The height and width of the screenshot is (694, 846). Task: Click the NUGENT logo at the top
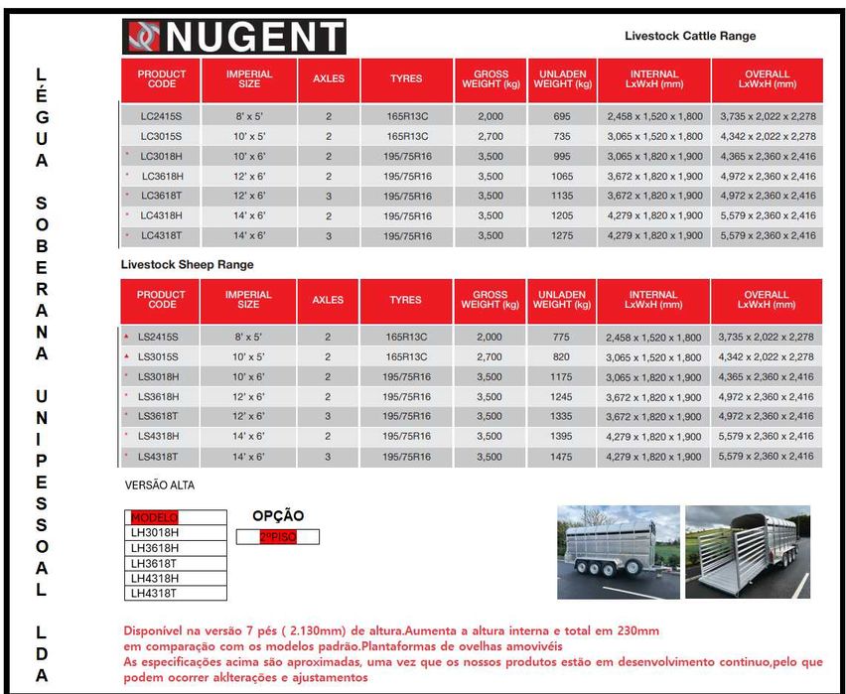coord(233,37)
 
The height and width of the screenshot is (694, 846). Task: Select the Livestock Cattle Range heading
coord(690,36)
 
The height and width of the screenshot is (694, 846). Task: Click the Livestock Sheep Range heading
coord(187,265)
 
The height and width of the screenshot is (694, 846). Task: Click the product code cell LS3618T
coord(159,416)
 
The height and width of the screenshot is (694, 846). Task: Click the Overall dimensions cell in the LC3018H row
coord(768,156)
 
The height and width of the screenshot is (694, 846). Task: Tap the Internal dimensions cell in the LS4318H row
coord(653,436)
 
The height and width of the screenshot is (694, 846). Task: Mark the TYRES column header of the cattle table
coord(405,78)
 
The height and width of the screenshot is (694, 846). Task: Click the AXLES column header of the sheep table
coord(328,300)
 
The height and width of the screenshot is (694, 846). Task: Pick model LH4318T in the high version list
coord(154,593)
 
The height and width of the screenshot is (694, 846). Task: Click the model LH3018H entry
coord(154,532)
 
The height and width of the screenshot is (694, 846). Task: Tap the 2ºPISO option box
coord(278,536)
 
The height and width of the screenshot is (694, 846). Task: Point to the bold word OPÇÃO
coord(278,516)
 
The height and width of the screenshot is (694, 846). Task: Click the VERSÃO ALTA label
coord(159,486)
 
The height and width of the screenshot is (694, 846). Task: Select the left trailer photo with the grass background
coord(618,551)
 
